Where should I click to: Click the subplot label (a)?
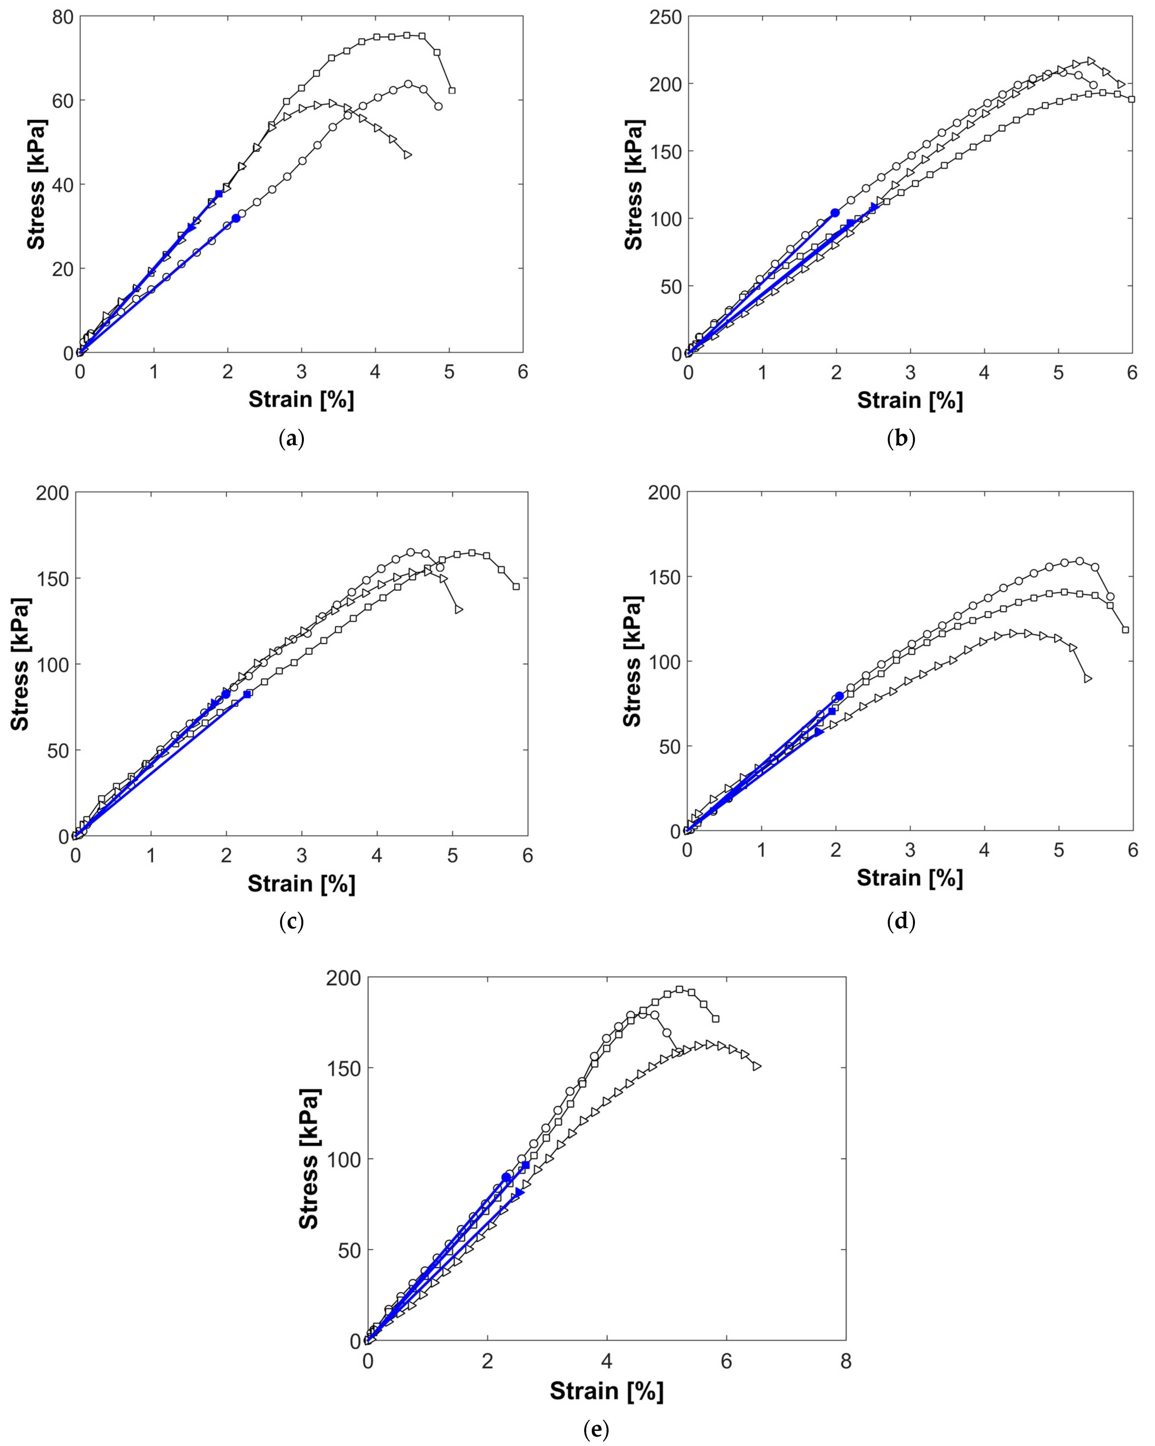pos(291,439)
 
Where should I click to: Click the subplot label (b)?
pos(901,439)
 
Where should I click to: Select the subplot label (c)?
pos(291,922)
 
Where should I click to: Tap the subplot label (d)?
pos(901,922)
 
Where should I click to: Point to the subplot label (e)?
pos(596,1429)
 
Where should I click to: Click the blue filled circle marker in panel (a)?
pos(236,218)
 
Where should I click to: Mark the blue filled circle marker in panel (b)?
pos(835,213)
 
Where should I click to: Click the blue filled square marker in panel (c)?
pos(248,694)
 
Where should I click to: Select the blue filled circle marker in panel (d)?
pos(839,696)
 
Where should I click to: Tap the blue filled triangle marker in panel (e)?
pos(519,1191)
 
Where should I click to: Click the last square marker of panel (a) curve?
pos(452,91)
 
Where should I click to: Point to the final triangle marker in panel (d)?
pos(1087,679)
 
